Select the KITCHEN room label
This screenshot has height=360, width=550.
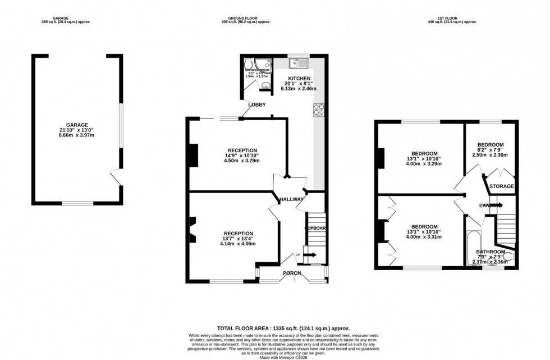coord(299,78)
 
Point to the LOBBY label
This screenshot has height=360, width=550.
coord(257,104)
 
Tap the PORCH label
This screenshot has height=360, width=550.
coord(291,274)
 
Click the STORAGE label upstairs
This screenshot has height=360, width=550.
coord(501,186)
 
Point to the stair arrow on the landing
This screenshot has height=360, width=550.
coord(496,205)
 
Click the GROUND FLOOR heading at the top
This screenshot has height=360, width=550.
coord(246,17)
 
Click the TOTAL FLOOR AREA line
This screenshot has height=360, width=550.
coord(283,329)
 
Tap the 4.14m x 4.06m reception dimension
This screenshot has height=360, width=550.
coord(239,244)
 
